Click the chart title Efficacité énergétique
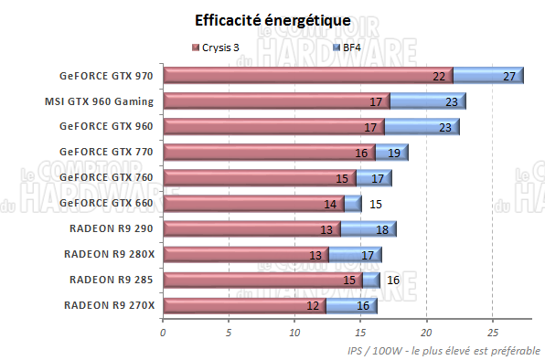[272, 20]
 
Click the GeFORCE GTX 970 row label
[106, 76]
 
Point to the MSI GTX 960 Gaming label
[99, 101]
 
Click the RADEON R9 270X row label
[109, 304]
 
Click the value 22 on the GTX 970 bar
[439, 77]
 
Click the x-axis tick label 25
[492, 332]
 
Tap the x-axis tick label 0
[163, 332]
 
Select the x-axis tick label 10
[294, 332]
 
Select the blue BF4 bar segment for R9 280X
[355, 254]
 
